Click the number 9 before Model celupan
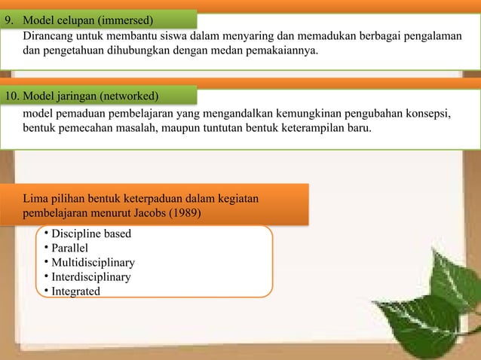click(9, 18)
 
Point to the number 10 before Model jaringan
click(12, 96)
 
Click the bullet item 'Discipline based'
click(90, 233)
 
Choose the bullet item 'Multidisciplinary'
click(93, 262)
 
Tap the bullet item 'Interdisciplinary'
click(90, 276)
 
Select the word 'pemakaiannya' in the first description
click(283, 51)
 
